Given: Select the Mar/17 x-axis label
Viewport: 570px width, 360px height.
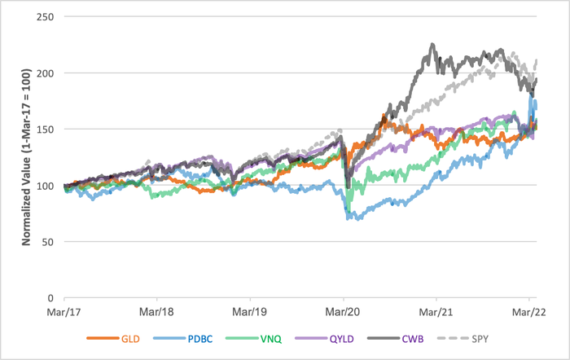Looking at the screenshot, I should pos(64,311).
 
